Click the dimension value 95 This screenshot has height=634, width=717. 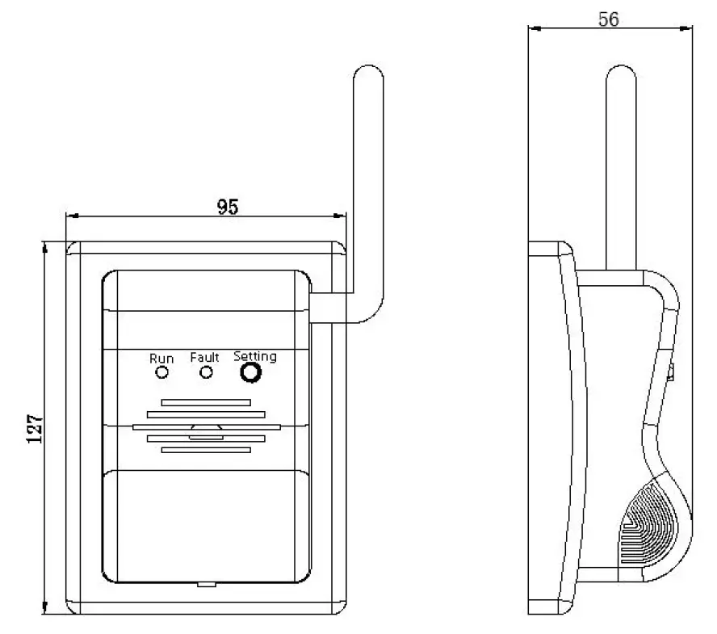click(x=228, y=207)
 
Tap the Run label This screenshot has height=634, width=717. click(x=161, y=358)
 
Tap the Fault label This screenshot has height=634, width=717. click(x=205, y=357)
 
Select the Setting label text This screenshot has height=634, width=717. click(x=254, y=355)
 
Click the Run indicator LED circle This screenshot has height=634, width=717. click(x=161, y=372)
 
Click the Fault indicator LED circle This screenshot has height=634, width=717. click(x=207, y=372)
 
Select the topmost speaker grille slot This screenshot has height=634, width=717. click(x=206, y=401)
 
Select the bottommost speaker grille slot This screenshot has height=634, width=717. click(x=206, y=449)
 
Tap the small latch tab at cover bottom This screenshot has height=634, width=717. click(x=206, y=584)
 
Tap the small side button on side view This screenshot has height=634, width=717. click(x=672, y=372)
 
